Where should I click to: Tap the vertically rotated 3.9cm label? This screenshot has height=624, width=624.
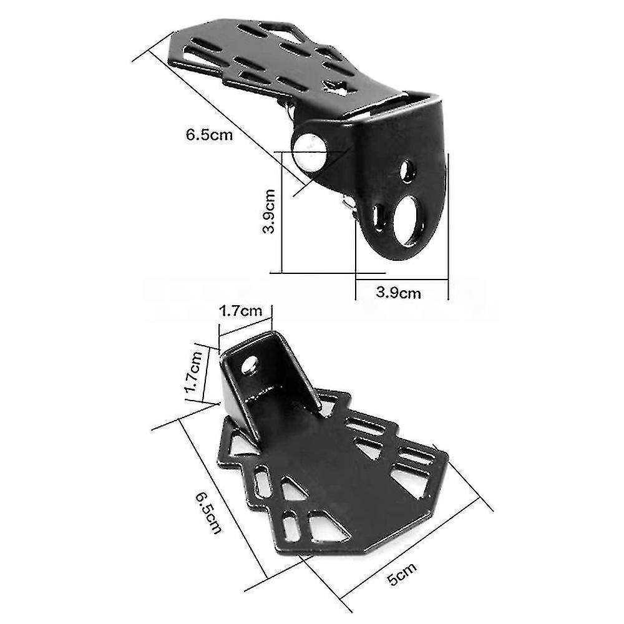(269, 211)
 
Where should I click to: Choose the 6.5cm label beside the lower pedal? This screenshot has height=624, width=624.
(208, 512)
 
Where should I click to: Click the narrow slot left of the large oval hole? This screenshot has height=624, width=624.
(378, 218)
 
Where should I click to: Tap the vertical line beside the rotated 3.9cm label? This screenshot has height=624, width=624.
(282, 212)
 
